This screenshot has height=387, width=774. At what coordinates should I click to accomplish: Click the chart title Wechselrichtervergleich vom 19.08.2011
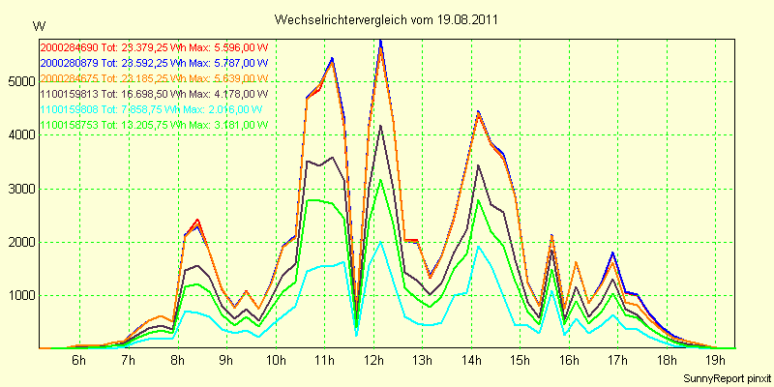[387, 19]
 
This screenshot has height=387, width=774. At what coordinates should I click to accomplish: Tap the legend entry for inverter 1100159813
[153, 94]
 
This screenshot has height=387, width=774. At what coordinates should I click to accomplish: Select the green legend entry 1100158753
[153, 125]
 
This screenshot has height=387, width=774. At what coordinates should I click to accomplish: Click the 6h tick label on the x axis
[79, 361]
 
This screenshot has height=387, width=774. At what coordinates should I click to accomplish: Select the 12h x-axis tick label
[374, 361]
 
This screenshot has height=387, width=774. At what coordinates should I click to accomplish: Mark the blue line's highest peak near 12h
[380, 41]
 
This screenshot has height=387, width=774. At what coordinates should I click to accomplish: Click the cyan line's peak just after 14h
[478, 246]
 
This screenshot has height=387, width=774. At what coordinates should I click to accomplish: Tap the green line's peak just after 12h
[380, 179]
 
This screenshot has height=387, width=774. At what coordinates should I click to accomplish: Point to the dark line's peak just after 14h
[478, 165]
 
